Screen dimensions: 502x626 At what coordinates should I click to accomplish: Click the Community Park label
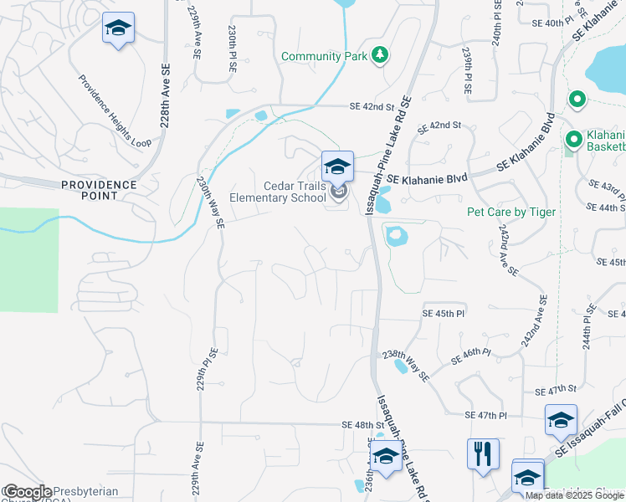325,56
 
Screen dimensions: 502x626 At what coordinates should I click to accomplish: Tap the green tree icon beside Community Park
380,55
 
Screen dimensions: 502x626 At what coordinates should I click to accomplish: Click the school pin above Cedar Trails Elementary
337,166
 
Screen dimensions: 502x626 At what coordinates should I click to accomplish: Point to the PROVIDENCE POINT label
99,189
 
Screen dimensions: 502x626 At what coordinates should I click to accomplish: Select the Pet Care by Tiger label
511,212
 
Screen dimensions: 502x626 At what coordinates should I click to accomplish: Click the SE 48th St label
368,425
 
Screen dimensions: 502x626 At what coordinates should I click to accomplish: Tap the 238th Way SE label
405,366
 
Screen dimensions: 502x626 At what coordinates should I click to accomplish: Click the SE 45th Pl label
441,313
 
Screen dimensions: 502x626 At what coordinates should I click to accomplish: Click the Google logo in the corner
27,492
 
